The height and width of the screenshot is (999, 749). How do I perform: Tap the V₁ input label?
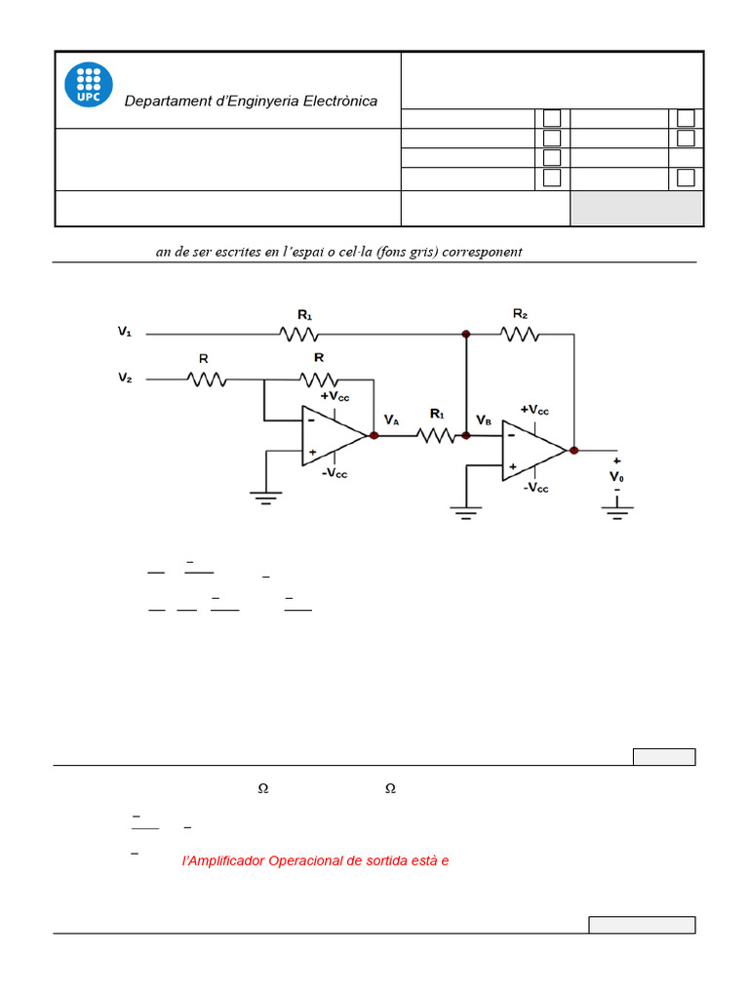125,333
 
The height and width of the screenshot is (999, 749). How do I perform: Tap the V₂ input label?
125,377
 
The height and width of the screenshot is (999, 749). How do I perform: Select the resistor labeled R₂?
520,334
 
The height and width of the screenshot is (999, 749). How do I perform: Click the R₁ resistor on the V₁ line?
299,334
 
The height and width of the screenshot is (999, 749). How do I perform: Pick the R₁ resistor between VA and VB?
437,435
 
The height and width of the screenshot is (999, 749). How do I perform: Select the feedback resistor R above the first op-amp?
318,379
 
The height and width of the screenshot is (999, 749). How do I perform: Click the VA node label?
391,420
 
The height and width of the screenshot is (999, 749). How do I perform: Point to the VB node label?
484,420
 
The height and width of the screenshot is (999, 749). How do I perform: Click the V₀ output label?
616,476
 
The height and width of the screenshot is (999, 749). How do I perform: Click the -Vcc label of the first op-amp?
335,473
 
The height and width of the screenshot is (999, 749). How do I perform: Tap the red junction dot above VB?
466,334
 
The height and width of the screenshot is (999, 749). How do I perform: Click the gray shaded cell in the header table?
636,208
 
